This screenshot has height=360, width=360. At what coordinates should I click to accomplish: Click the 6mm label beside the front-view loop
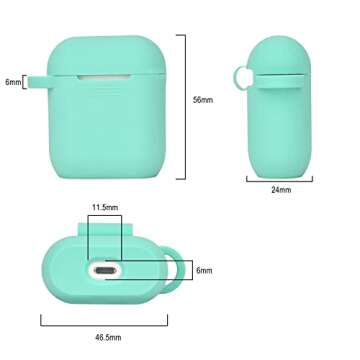click(12, 82)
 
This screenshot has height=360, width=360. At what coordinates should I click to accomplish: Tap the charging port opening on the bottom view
click(103, 270)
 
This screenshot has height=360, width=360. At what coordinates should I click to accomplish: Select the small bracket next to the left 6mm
click(25, 82)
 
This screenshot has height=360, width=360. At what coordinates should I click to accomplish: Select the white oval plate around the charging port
click(103, 271)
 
